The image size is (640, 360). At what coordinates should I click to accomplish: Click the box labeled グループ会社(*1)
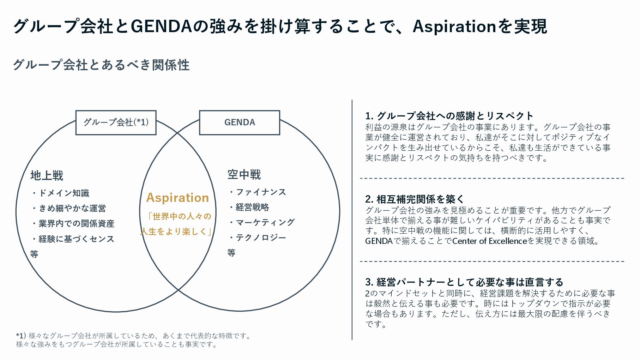click(116, 122)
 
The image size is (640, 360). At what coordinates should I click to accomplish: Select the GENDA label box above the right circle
click(240, 122)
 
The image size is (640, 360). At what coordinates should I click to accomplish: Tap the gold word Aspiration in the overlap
click(177, 198)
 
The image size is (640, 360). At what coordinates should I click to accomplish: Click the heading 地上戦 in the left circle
click(47, 175)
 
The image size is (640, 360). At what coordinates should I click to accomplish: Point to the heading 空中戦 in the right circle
click(244, 175)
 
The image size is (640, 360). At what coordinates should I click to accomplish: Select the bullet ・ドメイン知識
click(60, 193)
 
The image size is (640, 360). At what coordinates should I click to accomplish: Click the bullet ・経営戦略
click(249, 207)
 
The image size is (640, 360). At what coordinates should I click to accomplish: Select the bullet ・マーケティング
click(261, 222)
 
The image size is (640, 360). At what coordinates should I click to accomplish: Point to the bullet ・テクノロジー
click(257, 238)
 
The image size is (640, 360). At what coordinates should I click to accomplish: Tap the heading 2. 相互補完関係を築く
click(415, 199)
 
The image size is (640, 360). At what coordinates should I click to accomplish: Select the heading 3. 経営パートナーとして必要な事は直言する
click(464, 282)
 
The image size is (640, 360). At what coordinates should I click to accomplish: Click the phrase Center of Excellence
click(489, 241)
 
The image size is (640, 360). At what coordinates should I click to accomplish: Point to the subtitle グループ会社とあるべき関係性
click(101, 65)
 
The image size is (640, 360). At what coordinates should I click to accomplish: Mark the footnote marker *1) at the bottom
click(21, 335)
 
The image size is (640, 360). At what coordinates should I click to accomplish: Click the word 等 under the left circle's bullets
click(34, 254)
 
